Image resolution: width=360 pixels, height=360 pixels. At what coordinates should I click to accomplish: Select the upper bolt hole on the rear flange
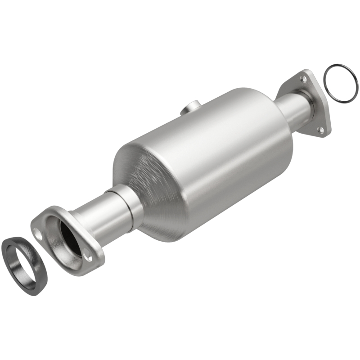[x=304, y=79]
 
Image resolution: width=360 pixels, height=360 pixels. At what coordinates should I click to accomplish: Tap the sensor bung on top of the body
[x=191, y=108]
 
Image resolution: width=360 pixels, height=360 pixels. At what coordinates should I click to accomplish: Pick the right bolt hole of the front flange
[x=89, y=258]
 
